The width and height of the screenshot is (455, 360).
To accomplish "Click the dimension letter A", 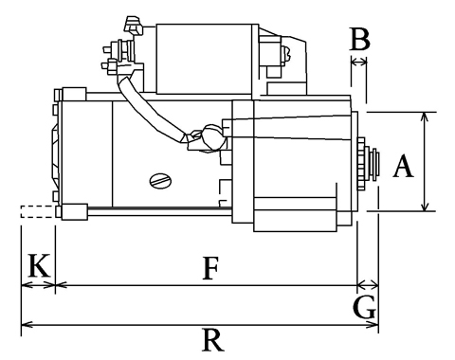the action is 403,166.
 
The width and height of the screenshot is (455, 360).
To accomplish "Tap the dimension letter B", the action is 359,39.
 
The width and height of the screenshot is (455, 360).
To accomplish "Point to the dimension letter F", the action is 210,268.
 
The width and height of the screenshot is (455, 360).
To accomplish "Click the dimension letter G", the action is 365,307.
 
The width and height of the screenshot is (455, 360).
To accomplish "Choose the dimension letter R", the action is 213,340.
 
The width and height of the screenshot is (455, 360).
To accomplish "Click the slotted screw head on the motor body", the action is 160,181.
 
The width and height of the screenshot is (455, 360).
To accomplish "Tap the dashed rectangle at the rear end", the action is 37,211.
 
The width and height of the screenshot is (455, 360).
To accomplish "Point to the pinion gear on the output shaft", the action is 361,164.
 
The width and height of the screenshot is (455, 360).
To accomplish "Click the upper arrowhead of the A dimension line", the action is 425,117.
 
